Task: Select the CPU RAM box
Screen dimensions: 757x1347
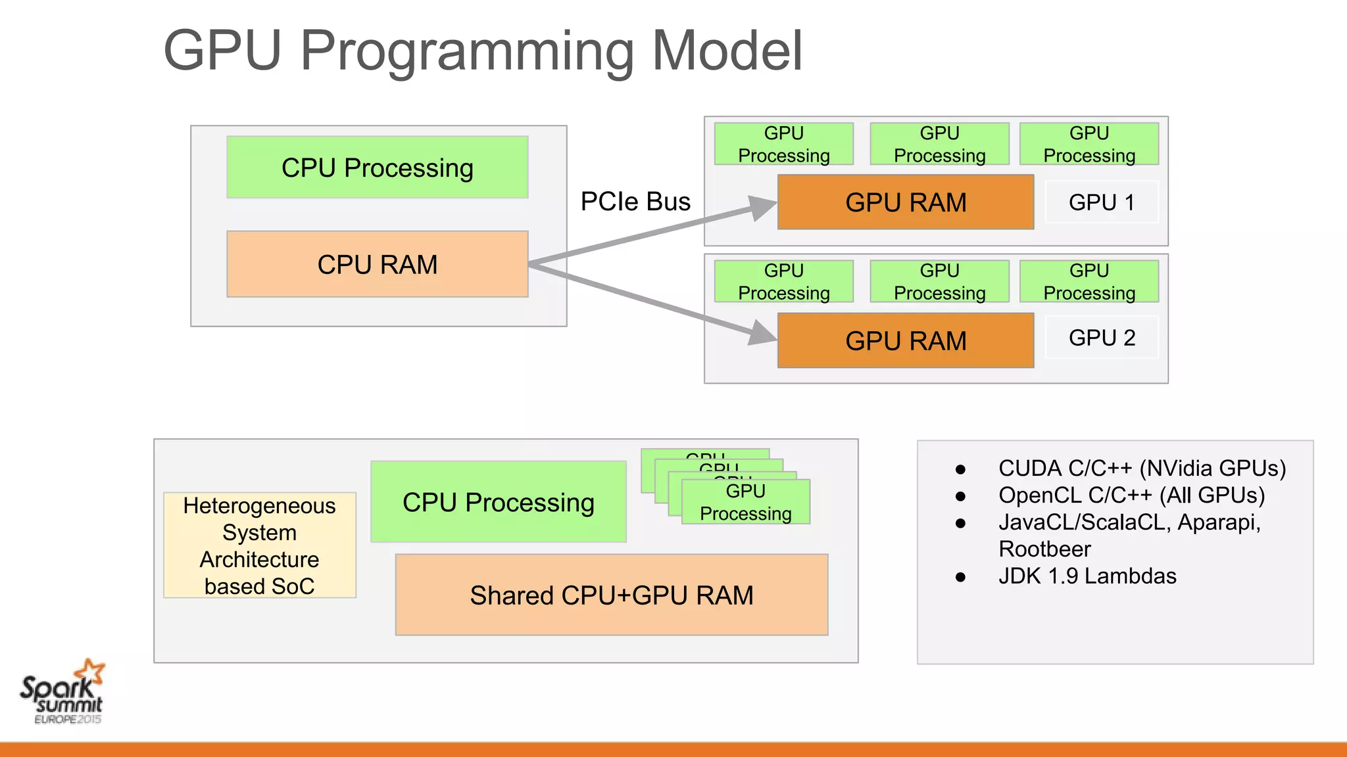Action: pos(377,264)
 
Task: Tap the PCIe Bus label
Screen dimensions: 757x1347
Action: pos(635,201)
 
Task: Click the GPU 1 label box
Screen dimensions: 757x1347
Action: pos(1102,202)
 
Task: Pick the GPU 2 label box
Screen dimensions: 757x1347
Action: pos(1102,338)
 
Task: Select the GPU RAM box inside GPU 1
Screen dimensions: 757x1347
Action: pos(905,202)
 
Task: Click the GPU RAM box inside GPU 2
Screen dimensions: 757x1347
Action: pos(905,340)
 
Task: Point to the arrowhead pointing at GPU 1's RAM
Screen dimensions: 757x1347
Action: pos(763,209)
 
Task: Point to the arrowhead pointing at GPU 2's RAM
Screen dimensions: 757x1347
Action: pos(763,333)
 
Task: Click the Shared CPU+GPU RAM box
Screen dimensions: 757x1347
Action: pos(611,595)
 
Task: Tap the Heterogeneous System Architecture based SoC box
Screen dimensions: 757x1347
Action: pos(259,545)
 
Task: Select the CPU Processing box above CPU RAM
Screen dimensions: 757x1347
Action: pos(377,168)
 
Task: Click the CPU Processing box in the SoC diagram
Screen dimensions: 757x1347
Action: pos(498,502)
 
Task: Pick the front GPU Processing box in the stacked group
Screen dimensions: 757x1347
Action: pos(745,502)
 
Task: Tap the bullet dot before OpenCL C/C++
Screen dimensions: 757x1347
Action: pos(960,496)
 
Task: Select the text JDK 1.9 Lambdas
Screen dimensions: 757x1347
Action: pos(1087,576)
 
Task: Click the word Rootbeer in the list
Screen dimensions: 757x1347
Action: pos(1044,549)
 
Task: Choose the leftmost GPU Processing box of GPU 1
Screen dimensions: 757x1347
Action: pos(783,144)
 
